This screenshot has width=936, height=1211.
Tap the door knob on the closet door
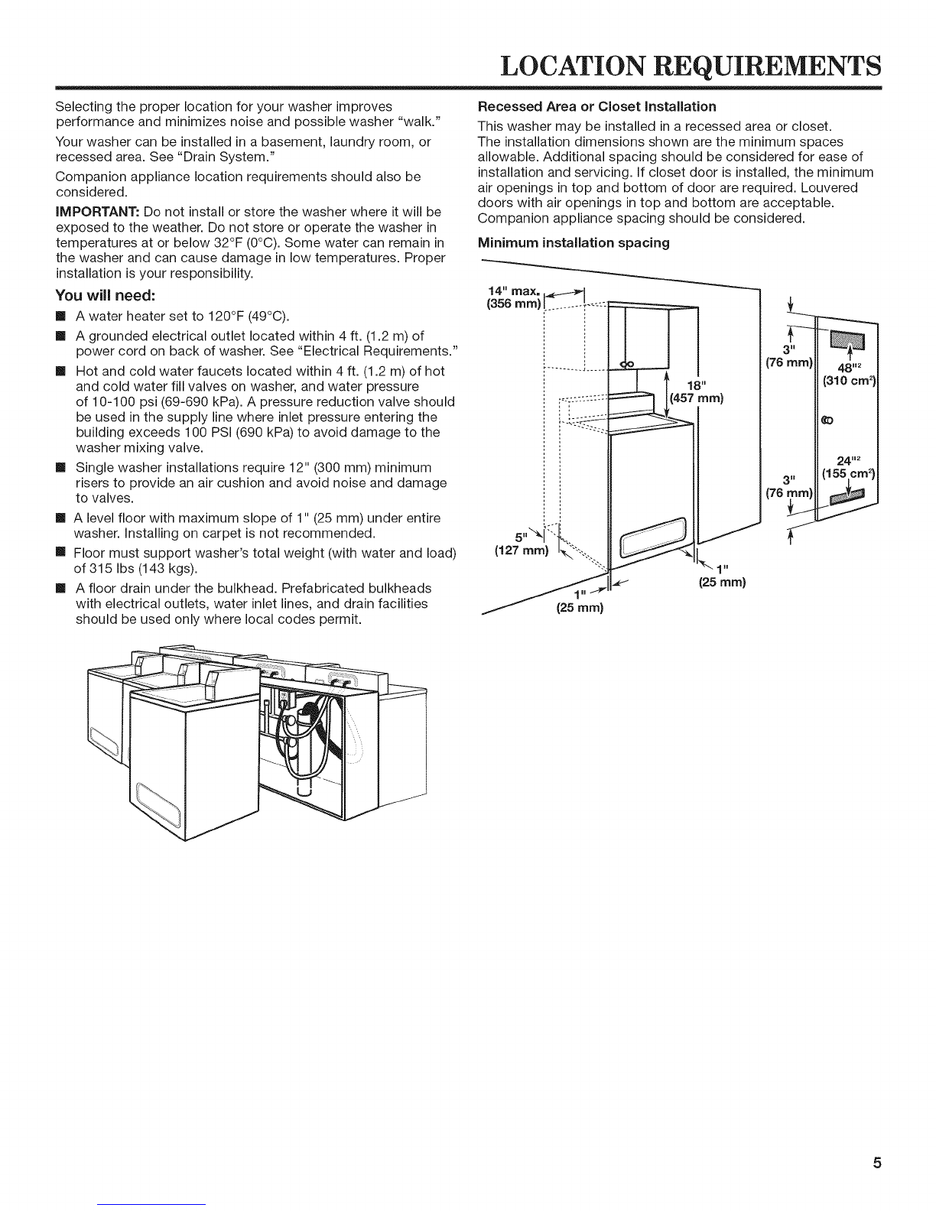[x=826, y=420]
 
